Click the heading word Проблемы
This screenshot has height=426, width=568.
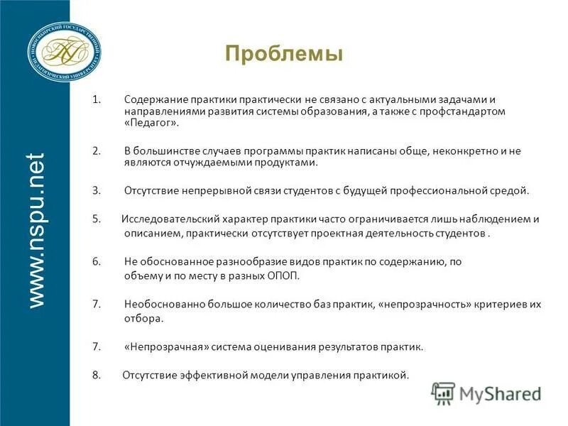(283, 54)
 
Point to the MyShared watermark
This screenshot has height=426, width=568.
(486, 393)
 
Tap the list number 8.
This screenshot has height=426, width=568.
(96, 375)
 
